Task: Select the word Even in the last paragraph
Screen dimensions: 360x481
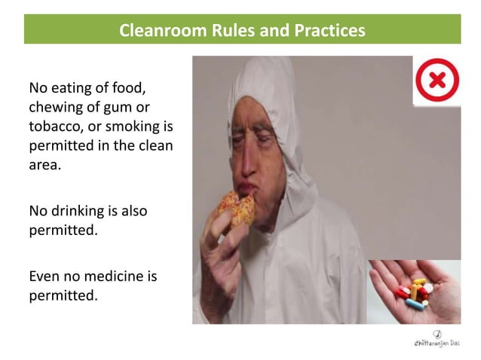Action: tap(44, 276)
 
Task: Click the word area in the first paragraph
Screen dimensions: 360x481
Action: tap(44, 163)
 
